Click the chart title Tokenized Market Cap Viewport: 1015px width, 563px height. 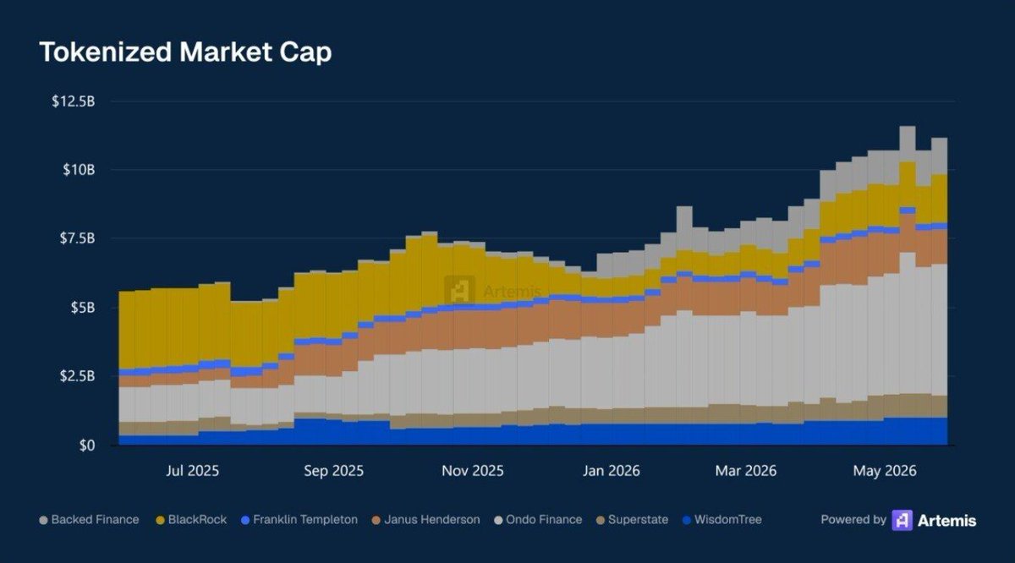(186, 52)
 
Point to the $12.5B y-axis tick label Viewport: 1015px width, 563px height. (74, 101)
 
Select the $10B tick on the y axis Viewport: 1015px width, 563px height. (79, 170)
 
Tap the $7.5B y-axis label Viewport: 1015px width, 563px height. (78, 238)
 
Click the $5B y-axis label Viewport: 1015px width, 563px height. (83, 308)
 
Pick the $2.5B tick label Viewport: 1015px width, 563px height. (78, 376)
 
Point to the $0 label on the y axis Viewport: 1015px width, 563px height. (87, 445)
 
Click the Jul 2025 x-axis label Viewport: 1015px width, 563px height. (193, 471)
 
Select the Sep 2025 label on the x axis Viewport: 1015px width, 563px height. (333, 471)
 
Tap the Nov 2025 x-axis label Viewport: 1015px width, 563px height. (473, 471)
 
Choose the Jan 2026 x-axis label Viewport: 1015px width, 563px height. (612, 471)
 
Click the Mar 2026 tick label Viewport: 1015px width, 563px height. (746, 471)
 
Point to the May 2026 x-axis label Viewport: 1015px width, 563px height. (885, 471)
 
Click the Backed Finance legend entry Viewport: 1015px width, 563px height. (90, 520)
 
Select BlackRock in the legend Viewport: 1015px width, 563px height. (191, 520)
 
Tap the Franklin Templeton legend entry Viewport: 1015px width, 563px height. (299, 520)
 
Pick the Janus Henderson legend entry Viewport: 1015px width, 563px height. (426, 520)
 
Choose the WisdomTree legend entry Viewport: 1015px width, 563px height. (722, 520)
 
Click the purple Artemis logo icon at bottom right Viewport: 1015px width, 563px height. (903, 521)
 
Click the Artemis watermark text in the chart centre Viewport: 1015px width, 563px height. (512, 291)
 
